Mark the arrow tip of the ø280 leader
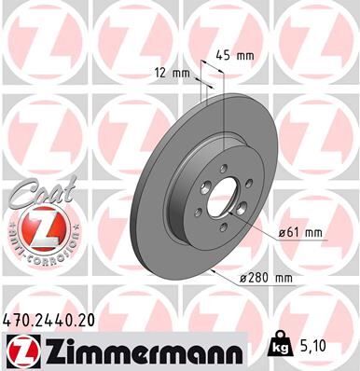coord(214,267)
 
